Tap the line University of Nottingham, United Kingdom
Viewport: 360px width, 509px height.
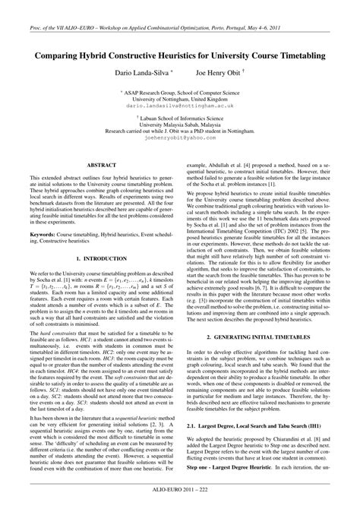click(x=179, y=100)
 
